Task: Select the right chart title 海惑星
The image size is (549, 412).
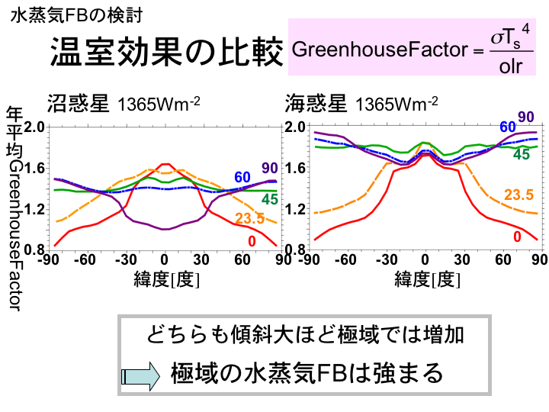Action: tap(316, 101)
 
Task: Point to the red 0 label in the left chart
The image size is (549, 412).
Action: tap(252, 241)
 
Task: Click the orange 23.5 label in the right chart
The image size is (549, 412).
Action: tap(518, 195)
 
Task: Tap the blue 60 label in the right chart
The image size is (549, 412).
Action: tap(508, 127)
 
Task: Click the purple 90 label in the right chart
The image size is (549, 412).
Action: tap(526, 116)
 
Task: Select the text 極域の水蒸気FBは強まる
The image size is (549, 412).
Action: tap(307, 373)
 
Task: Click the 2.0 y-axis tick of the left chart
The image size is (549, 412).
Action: tap(34, 127)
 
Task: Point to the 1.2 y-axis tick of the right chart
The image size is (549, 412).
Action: tap(294, 209)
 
